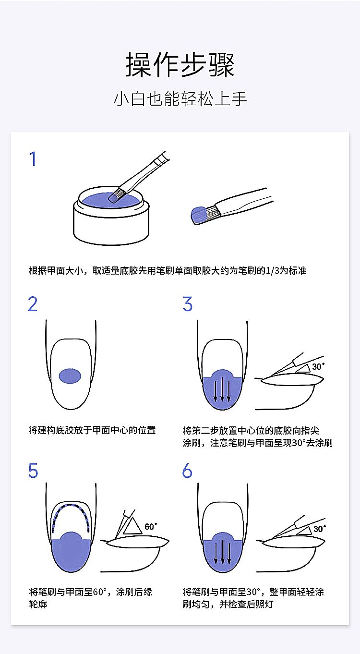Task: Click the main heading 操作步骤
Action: point(180,65)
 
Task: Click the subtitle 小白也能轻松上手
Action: point(180,98)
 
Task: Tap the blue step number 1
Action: point(33,159)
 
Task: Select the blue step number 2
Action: point(33,304)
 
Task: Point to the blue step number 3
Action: point(188,304)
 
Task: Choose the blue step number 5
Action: point(33,471)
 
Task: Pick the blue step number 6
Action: point(187,471)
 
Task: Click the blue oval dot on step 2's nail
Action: point(70,376)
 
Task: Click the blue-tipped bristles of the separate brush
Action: point(199,215)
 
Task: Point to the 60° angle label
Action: point(151,526)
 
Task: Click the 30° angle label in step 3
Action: point(318,366)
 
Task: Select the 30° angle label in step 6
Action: point(320,529)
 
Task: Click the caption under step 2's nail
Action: point(92,430)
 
